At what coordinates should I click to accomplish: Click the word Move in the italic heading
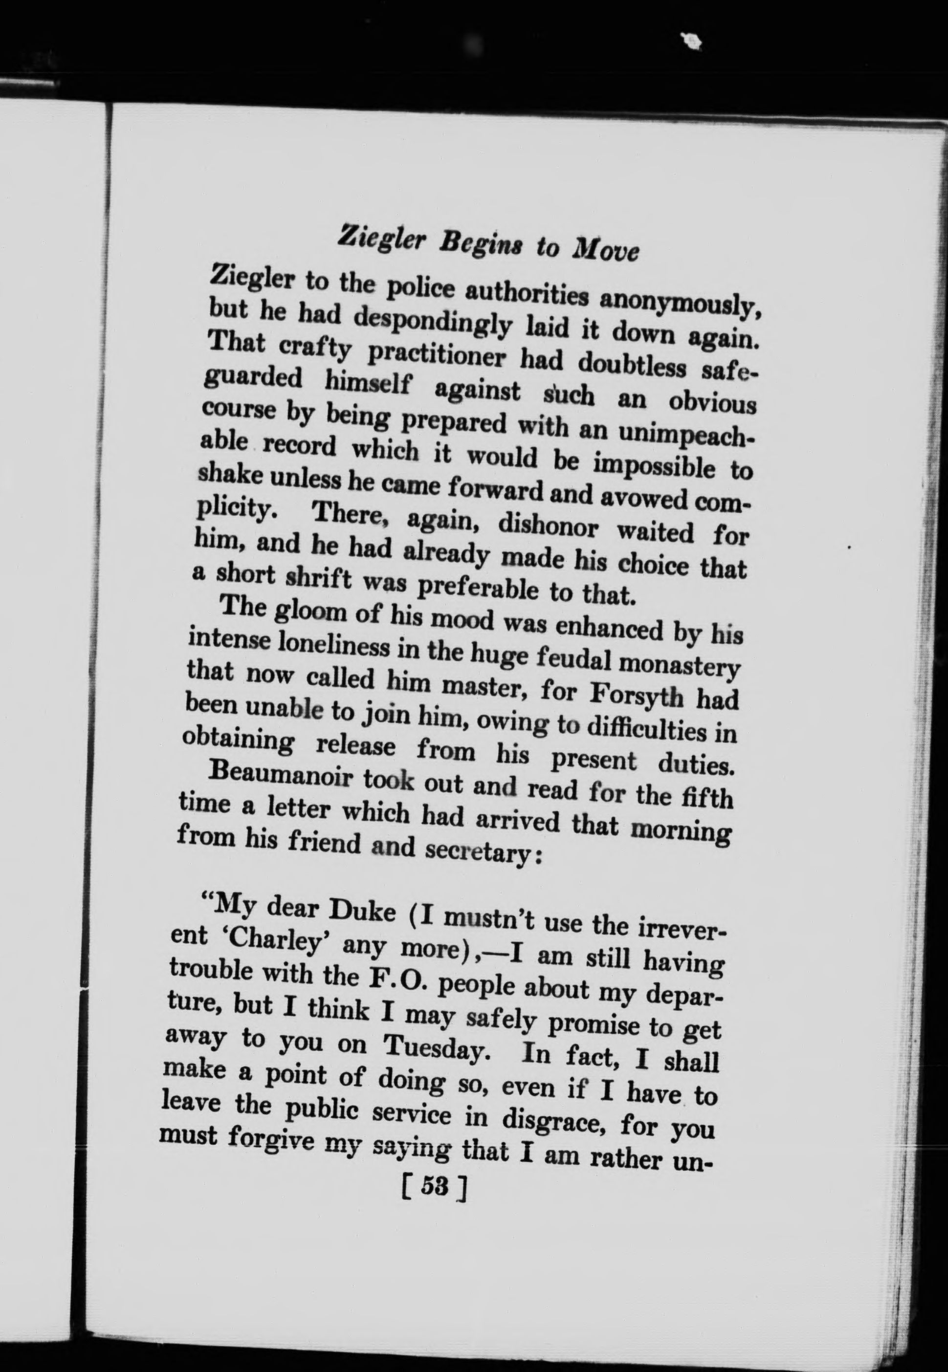coord(604,250)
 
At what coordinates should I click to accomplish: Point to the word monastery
coord(679,665)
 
